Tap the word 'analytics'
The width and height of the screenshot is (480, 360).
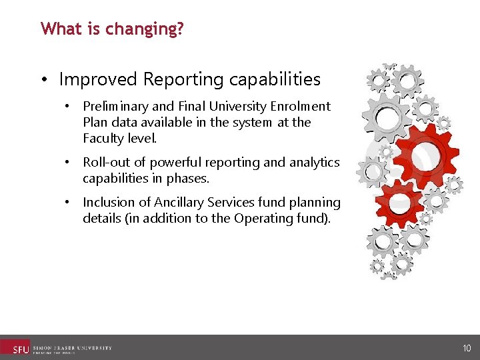click(x=314, y=163)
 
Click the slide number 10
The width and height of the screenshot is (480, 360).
click(x=466, y=348)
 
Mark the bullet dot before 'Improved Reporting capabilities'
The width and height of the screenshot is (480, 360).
click(x=43, y=80)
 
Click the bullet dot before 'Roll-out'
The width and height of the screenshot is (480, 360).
click(x=67, y=163)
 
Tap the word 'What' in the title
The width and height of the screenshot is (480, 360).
click(x=56, y=29)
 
